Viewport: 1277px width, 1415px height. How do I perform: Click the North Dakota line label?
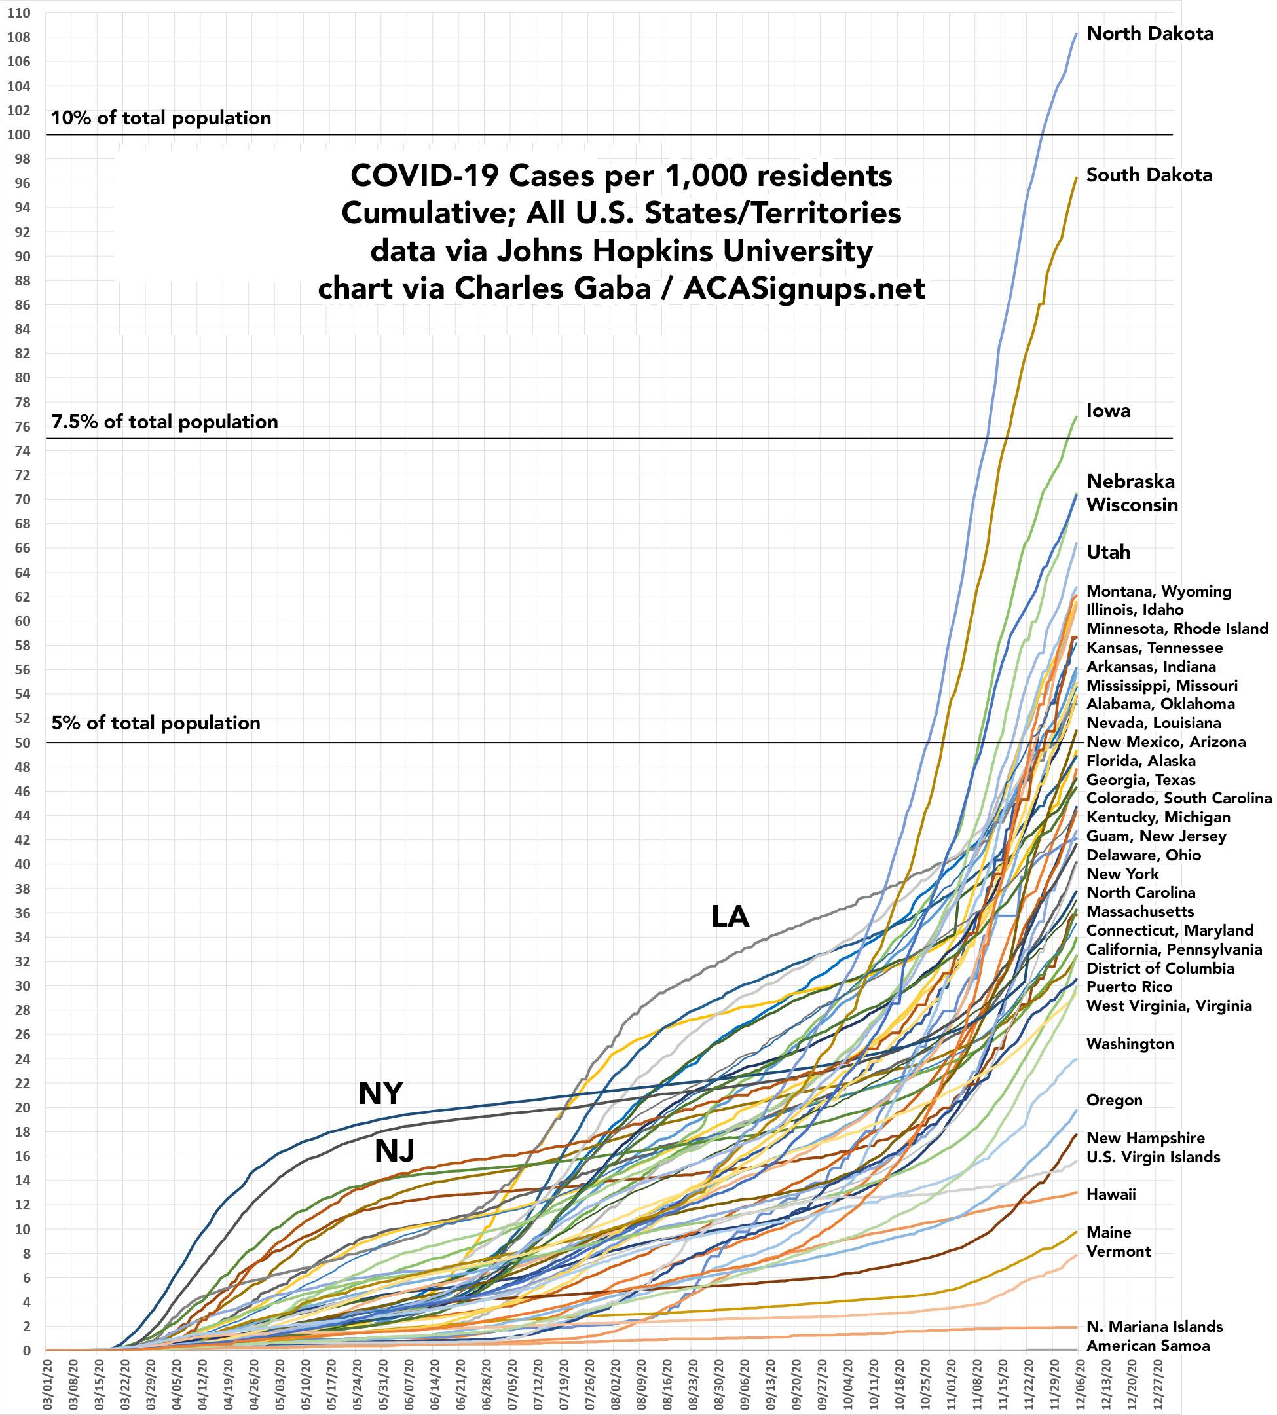click(1149, 33)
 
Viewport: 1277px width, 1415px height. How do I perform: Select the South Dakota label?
click(1149, 175)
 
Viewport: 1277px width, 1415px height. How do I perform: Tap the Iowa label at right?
click(1108, 411)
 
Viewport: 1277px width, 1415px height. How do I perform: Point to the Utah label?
click(1108, 552)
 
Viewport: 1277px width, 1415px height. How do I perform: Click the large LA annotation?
click(730, 916)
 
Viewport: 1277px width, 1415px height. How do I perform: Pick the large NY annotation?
click(380, 1093)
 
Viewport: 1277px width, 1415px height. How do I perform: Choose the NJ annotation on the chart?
click(394, 1150)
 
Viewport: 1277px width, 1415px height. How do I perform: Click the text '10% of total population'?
click(160, 118)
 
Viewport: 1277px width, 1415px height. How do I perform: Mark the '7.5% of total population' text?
click(164, 422)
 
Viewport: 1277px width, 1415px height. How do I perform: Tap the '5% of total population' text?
click(155, 724)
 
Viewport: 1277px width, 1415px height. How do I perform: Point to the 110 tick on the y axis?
click(19, 12)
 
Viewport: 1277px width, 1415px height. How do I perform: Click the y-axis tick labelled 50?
click(22, 743)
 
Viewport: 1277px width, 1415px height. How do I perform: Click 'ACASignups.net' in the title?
click(804, 288)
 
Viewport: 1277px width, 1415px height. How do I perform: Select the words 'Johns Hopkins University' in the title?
click(685, 251)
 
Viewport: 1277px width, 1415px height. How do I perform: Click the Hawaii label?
click(1111, 1194)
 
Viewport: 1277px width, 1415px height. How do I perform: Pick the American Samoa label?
click(1148, 1346)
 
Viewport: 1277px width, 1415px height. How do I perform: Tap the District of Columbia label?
click(1160, 968)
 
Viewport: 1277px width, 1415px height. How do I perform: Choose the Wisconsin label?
click(1132, 505)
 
